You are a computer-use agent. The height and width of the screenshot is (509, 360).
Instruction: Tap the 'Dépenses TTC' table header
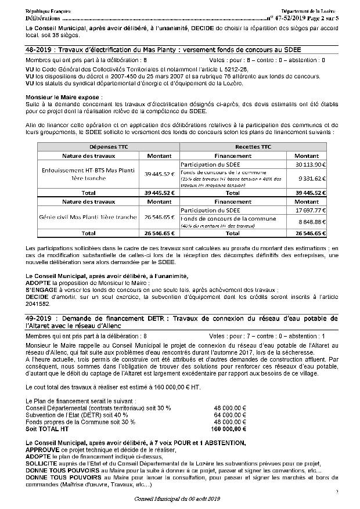coord(109,147)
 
